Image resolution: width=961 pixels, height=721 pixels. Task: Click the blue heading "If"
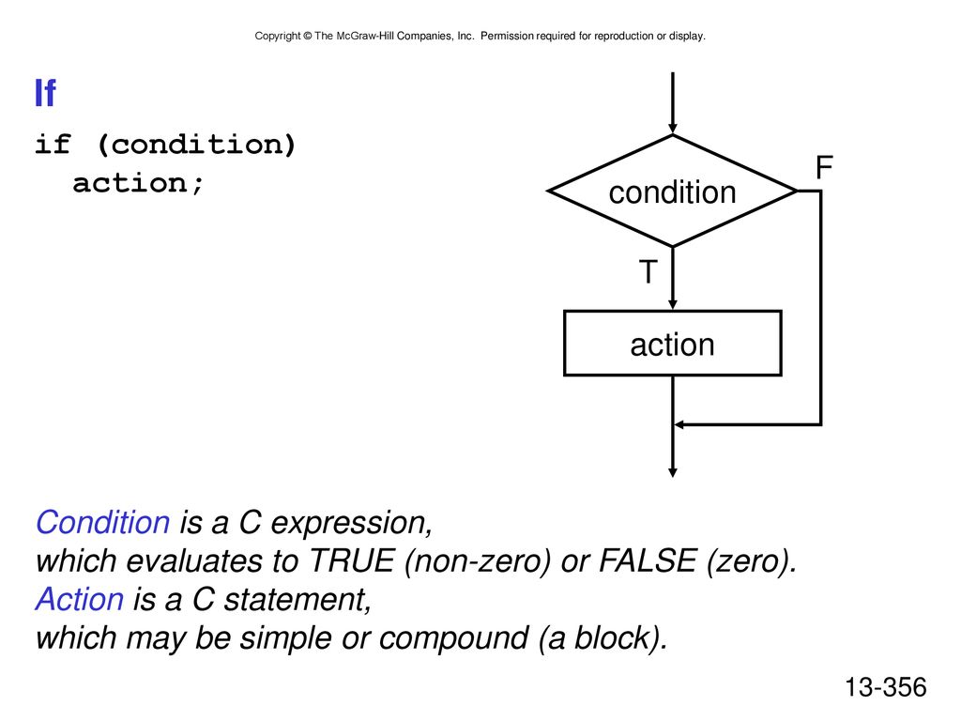click(x=45, y=93)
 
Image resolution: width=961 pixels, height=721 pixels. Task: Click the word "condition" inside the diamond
click(x=672, y=192)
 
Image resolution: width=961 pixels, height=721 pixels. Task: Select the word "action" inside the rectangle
click(x=672, y=345)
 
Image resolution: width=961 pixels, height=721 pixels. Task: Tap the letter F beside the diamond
click(x=824, y=167)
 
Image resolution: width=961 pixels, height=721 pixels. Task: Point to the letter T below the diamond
click(x=648, y=271)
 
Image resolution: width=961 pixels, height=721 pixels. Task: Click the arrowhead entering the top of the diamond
click(x=673, y=129)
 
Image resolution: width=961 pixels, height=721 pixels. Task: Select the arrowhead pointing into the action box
click(x=673, y=305)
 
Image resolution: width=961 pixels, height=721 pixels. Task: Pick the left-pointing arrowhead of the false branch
click(x=679, y=424)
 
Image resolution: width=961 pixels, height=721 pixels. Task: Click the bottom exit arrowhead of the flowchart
click(x=673, y=472)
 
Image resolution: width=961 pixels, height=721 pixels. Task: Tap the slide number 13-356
click(x=886, y=687)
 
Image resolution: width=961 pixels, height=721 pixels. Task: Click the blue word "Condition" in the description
click(x=103, y=522)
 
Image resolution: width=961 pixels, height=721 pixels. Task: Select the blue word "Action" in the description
click(x=80, y=599)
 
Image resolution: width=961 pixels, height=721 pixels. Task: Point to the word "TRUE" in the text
click(x=352, y=560)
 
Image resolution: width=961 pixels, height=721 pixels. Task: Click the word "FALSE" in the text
click(x=648, y=560)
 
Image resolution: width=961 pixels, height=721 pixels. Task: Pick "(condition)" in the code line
click(x=197, y=145)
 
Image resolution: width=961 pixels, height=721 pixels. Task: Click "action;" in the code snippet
click(x=138, y=183)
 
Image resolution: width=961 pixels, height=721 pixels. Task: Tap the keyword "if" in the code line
click(x=53, y=144)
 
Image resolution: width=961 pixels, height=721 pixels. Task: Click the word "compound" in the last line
click(x=453, y=637)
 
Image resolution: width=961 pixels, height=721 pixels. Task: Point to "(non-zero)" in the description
click(x=478, y=561)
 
